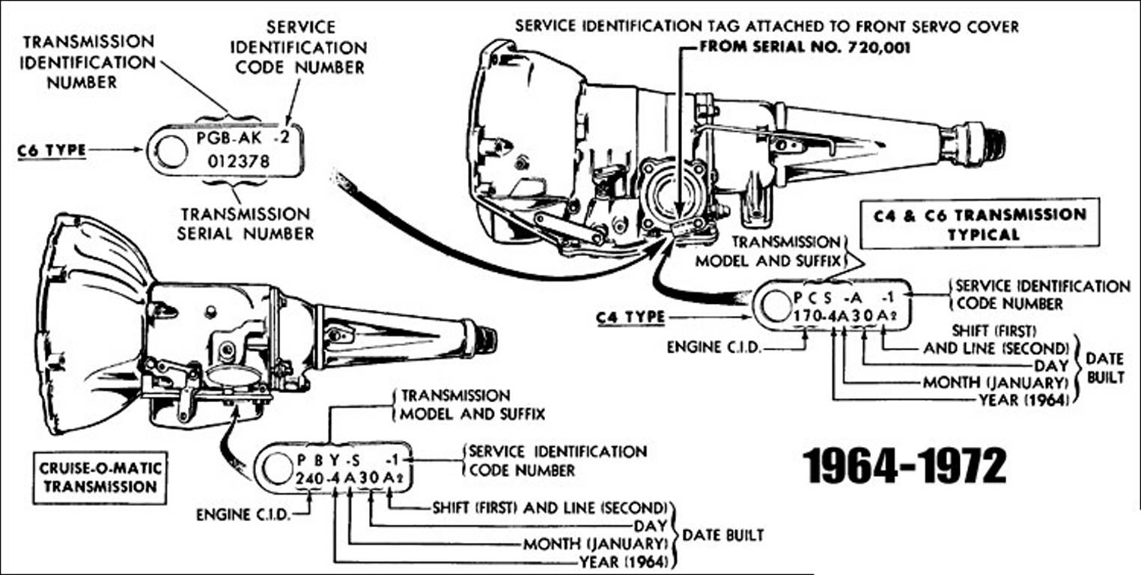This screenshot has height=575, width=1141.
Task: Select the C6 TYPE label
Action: (x=51, y=150)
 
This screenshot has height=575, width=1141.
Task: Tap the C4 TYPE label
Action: (x=630, y=317)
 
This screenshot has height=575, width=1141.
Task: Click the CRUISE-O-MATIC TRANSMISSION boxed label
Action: (x=99, y=476)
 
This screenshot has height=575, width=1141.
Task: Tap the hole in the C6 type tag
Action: (x=170, y=150)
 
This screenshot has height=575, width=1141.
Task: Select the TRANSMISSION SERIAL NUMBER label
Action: (x=245, y=224)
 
